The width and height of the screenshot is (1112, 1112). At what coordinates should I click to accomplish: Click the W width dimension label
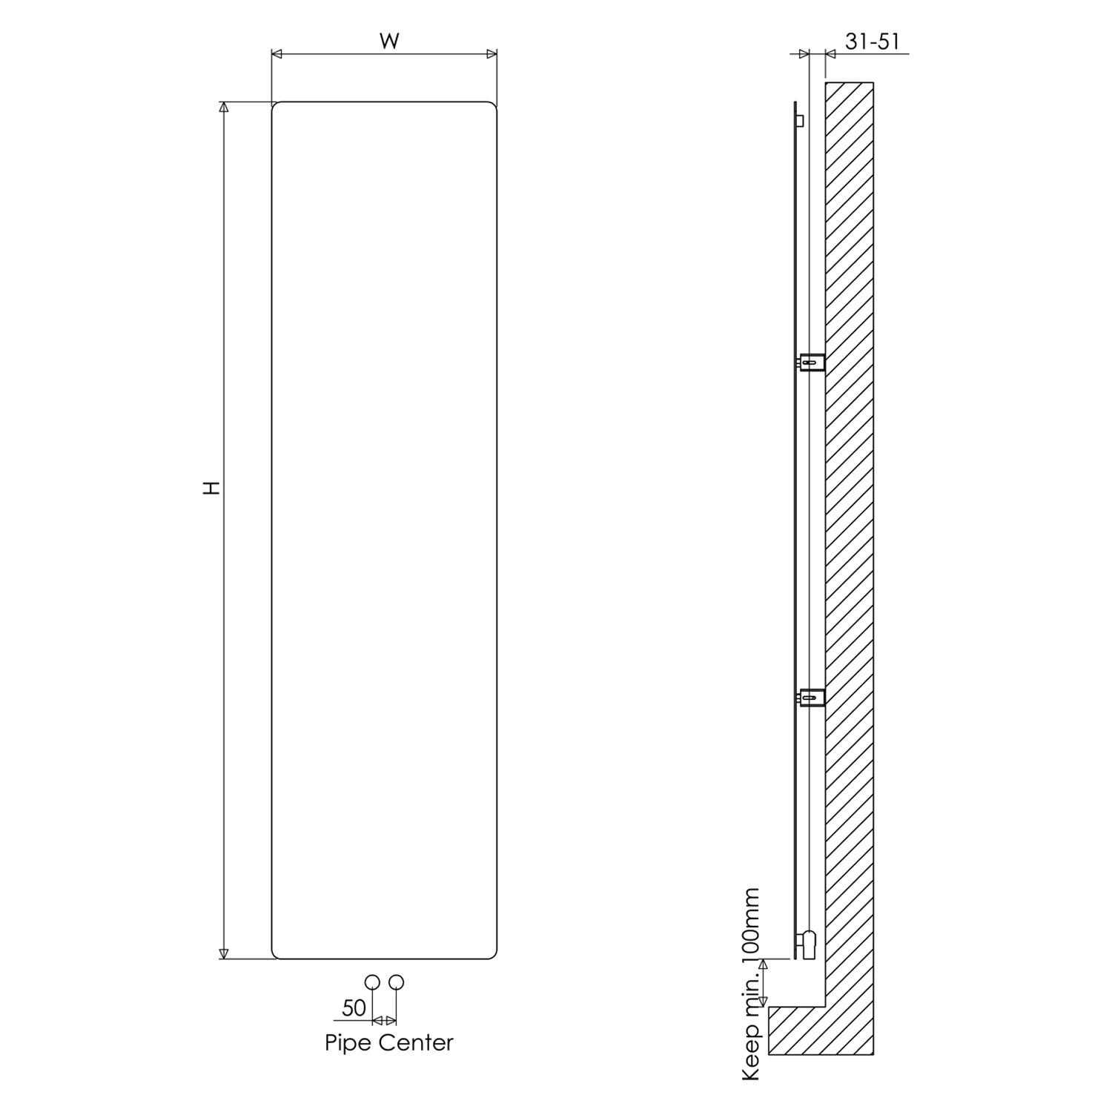389,42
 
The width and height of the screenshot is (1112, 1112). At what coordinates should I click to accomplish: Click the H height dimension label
213,488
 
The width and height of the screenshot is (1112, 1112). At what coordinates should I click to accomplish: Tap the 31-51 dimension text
873,42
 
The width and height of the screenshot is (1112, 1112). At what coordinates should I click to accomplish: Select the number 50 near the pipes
354,1007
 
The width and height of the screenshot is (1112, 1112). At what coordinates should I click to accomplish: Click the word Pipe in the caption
347,1043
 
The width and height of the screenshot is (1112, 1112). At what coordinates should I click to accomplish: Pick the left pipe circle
373,982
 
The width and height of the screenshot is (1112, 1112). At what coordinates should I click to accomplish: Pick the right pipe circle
397,982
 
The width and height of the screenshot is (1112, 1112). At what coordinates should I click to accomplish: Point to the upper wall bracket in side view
813,362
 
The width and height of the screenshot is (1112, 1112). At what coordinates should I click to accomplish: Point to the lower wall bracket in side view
813,697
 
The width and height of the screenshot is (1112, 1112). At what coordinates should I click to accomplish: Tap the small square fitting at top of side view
799,121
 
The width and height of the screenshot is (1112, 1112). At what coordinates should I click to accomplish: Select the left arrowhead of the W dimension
277,54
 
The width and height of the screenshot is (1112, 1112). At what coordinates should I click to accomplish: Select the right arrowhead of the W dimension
492,54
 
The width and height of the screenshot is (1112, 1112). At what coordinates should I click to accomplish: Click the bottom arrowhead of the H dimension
224,953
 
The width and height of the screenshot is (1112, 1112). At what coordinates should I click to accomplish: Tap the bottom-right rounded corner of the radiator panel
494,956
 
